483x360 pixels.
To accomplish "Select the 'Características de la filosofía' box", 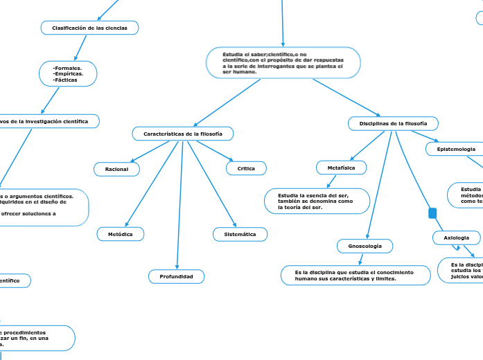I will [x=183, y=133].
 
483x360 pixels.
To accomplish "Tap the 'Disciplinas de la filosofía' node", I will [x=393, y=123].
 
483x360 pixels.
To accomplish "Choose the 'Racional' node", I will [x=116, y=169].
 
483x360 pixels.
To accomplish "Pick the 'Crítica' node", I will [x=246, y=168].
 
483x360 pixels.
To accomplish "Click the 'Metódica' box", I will [x=121, y=235].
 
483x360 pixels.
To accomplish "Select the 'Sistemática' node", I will [x=240, y=235].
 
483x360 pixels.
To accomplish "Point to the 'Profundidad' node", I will [x=177, y=277].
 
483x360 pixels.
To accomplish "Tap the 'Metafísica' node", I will [x=341, y=168].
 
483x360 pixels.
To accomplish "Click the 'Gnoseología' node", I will [x=365, y=246].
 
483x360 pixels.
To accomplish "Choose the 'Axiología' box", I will [x=456, y=237].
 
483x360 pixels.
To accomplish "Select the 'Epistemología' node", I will [x=456, y=150].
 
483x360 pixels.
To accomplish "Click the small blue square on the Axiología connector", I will [x=432, y=213].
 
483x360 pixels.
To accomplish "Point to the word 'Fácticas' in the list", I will [x=67, y=80].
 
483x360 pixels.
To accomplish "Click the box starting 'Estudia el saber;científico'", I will [x=283, y=62].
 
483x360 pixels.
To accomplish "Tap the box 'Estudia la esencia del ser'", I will [x=316, y=201].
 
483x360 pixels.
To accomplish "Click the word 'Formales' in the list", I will [x=68, y=68].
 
